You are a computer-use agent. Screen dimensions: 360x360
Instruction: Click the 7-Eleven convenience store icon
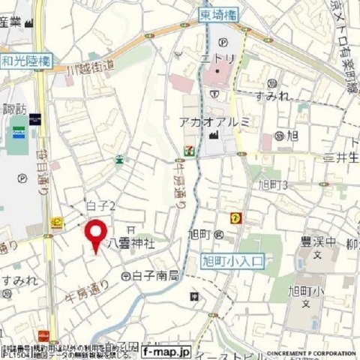(x=183, y=148)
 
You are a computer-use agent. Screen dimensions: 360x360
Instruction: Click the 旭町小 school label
(x=304, y=289)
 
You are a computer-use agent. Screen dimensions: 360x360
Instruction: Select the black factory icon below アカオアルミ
(x=216, y=135)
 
